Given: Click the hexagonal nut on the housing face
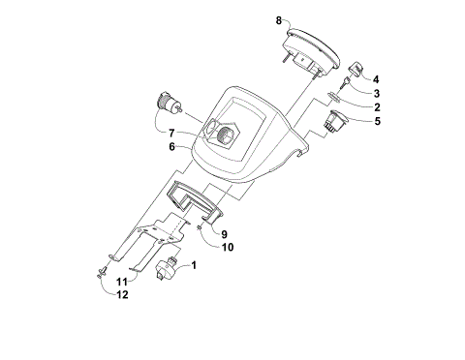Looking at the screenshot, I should pyautogui.click(x=228, y=135).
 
